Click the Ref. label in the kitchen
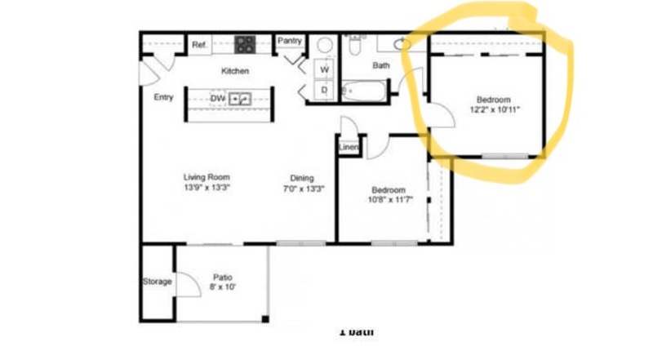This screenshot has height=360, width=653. coord(199,46)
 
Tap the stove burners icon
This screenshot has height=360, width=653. coord(244,45)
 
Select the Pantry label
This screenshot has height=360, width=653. coord(290,41)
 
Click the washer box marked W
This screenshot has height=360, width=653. coord(324,69)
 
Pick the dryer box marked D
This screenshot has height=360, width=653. coord(324,90)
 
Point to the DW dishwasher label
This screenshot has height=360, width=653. coord(217,98)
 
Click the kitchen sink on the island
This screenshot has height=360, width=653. coord(238,98)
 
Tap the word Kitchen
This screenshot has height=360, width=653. coord(235,71)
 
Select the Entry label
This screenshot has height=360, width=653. coord(163,97)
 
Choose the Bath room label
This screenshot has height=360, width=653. coord(381,65)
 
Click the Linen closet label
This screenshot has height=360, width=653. coord(349,148)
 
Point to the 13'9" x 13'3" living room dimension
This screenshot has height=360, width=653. coord(207,187)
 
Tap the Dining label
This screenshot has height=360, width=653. coord(302,178)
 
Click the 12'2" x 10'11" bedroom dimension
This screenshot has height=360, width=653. coord(495,109)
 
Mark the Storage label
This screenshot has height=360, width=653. coord(157,282)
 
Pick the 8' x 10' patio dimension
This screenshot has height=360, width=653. coord(223,287)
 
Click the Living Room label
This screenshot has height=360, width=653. coord(207,176)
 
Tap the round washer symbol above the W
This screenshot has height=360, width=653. coord(324,46)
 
